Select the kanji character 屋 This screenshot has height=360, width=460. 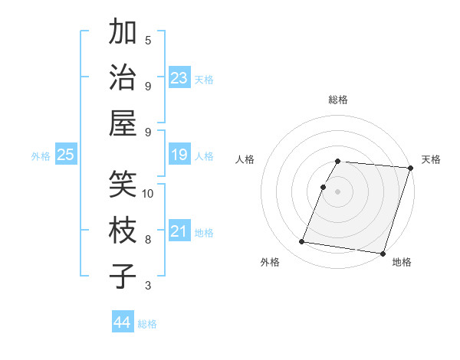(x=123, y=123)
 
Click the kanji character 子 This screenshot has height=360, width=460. (x=123, y=276)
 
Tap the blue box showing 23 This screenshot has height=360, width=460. (x=179, y=77)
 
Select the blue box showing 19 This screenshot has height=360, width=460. (x=179, y=155)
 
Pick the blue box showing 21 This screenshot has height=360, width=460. (x=179, y=231)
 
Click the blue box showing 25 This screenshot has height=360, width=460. (x=65, y=155)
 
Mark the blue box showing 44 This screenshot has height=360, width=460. (x=123, y=322)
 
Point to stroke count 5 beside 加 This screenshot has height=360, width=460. (x=148, y=40)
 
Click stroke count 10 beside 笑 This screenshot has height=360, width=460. (x=148, y=193)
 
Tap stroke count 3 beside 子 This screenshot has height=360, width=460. (x=148, y=286)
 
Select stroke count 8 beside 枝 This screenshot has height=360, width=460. (x=148, y=239)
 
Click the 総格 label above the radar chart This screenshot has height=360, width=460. (x=338, y=100)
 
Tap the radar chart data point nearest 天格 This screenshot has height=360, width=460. (x=410, y=168)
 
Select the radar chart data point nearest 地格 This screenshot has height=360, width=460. (x=383, y=253)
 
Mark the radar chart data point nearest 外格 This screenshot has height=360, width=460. (x=302, y=242)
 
